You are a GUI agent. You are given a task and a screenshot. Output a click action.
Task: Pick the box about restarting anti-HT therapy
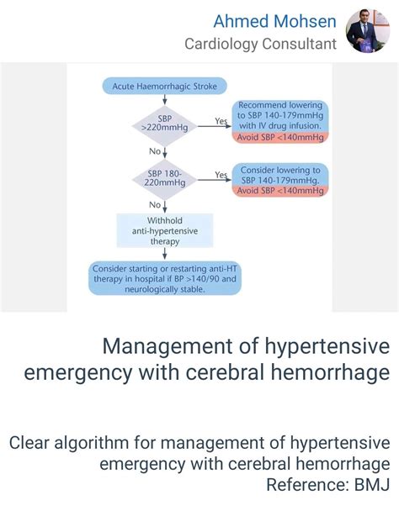coord(166,278)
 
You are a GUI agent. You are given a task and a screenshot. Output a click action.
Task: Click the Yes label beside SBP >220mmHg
coord(221,121)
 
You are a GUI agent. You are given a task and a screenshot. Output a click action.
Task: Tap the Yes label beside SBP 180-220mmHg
coord(221,175)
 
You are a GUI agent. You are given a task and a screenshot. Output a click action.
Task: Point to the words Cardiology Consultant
coord(261,43)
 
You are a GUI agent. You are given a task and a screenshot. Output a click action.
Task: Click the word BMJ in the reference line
coord(370,485)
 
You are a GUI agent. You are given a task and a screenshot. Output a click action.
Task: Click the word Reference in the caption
coord(303,485)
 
